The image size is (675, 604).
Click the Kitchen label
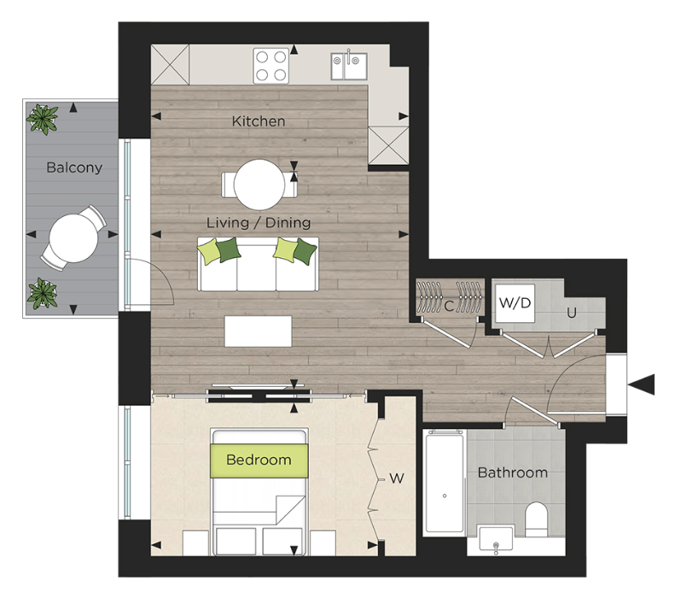259,121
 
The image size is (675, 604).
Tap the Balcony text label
74,167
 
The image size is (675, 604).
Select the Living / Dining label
259,222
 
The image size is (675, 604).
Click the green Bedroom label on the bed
259,460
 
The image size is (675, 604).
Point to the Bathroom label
512,472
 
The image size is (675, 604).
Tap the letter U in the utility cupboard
572,313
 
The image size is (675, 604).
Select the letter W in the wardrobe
396,478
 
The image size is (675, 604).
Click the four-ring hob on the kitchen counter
271,65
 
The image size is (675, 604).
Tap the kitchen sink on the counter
349,63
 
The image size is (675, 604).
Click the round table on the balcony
71,237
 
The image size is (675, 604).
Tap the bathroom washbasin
495,539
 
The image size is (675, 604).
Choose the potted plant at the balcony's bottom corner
42,293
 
